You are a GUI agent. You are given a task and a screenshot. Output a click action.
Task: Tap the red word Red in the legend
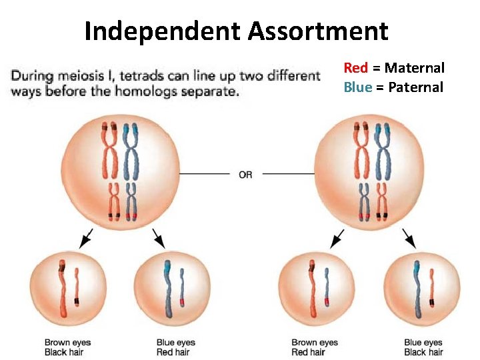click(355, 67)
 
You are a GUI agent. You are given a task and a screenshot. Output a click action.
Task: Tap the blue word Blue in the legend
click(357, 87)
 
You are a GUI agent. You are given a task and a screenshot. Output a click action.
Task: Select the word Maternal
click(414, 67)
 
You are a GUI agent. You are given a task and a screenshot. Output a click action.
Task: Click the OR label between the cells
click(245, 175)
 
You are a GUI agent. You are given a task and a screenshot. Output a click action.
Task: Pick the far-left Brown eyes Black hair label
click(67, 347)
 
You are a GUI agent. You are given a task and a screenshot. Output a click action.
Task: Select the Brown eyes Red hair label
click(314, 347)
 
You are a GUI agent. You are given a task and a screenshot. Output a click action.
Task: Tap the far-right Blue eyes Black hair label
click(423, 347)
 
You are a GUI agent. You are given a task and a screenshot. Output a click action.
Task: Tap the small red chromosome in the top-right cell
click(382, 200)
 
